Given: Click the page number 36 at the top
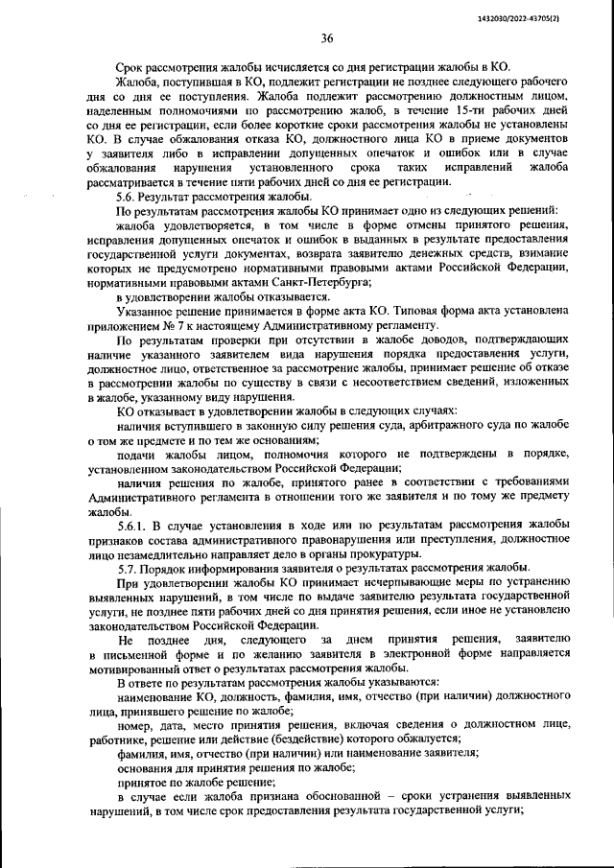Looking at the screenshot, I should click(326, 38).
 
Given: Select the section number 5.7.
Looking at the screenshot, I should click(127, 568).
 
